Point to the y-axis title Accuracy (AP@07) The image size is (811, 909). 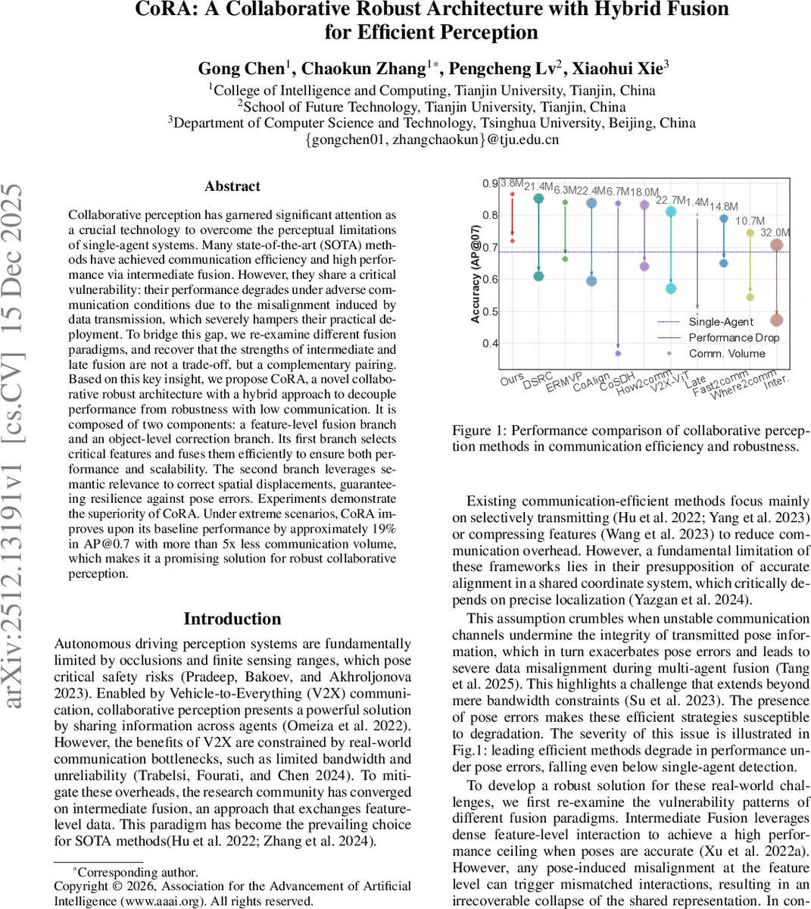click(475, 274)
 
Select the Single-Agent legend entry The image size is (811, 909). click(720, 322)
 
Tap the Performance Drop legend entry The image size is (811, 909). click(733, 338)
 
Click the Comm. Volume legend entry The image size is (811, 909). click(726, 354)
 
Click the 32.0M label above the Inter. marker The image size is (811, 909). click(775, 233)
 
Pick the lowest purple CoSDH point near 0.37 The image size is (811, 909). click(618, 354)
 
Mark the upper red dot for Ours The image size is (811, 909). click(512, 194)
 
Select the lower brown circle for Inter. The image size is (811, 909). click(776, 320)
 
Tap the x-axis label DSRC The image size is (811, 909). click(538, 380)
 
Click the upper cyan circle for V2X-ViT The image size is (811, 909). click(671, 212)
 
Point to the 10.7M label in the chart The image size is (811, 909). click(750, 221)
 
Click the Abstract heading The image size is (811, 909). click(232, 186)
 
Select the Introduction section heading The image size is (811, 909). click(232, 619)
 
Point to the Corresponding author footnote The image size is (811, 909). click(137, 873)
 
